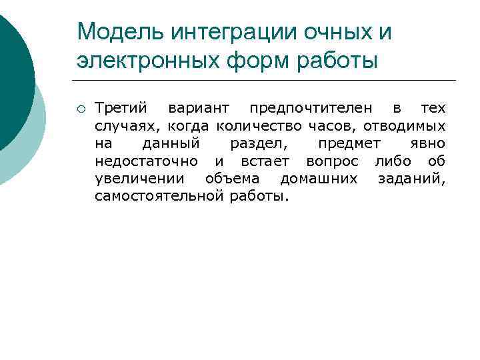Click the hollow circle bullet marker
81,109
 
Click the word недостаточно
146,161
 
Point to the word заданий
411,178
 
